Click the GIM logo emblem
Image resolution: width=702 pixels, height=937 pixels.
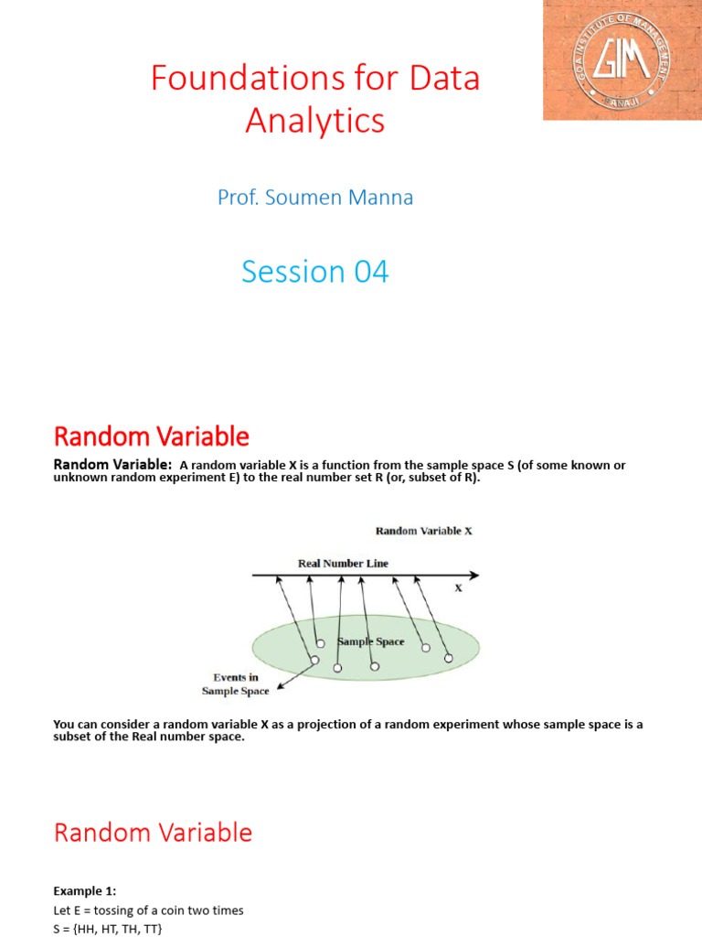622,59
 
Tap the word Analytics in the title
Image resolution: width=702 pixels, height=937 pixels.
314,121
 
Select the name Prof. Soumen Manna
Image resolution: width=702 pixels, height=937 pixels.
314,197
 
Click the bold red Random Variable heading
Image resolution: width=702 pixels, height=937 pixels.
151,436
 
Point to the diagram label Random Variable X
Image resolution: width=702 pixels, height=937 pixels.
423,530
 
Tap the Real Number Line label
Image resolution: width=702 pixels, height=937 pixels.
343,563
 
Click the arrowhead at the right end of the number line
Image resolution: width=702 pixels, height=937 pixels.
473,576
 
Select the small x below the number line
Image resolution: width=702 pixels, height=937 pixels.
459,588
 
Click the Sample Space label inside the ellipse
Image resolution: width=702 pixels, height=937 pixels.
371,641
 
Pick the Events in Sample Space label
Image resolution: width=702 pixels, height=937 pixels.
235,684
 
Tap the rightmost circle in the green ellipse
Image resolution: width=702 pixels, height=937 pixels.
448,657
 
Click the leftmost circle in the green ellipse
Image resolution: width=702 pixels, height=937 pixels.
314,661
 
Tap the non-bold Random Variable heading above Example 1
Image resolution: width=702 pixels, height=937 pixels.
153,833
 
